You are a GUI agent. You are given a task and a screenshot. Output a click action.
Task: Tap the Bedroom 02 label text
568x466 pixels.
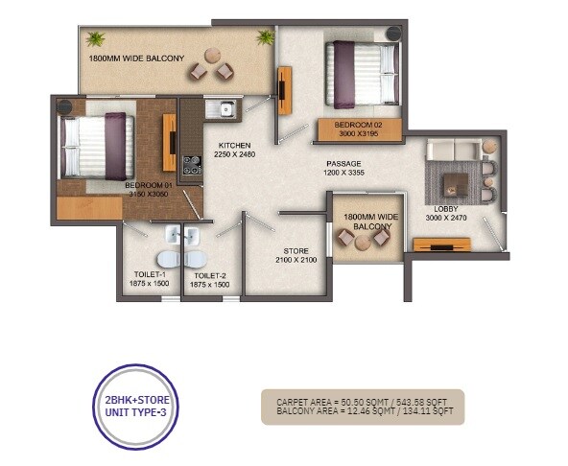point(357,125)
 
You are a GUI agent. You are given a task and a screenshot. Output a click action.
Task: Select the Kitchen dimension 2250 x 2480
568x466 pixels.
point(235,155)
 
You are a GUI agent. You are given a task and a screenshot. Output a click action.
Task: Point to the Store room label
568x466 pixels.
point(281,250)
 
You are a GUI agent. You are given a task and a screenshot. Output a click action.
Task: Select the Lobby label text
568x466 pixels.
point(444,208)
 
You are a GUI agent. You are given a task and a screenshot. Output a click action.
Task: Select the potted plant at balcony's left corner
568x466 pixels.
point(96,39)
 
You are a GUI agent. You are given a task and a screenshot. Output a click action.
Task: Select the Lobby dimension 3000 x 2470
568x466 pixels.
point(445,218)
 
